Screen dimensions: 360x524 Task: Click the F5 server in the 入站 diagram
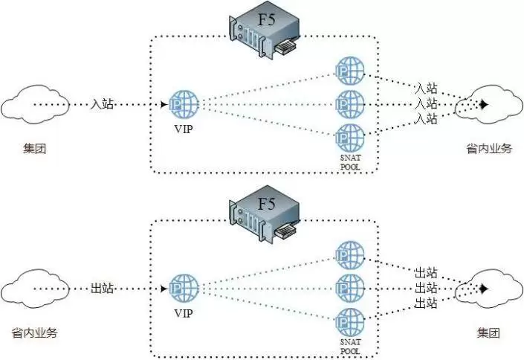[x=265, y=31]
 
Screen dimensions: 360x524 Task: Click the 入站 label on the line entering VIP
[x=103, y=105]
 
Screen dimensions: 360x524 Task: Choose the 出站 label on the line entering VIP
[x=103, y=288]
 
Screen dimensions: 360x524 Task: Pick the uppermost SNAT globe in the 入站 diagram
[x=350, y=71]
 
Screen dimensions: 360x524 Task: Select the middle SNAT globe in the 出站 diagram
[x=350, y=288]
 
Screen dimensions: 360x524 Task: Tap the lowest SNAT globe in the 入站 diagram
[x=350, y=138]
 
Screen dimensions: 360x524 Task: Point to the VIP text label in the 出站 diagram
[x=182, y=313]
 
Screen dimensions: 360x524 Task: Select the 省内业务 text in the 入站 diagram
[x=488, y=150]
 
